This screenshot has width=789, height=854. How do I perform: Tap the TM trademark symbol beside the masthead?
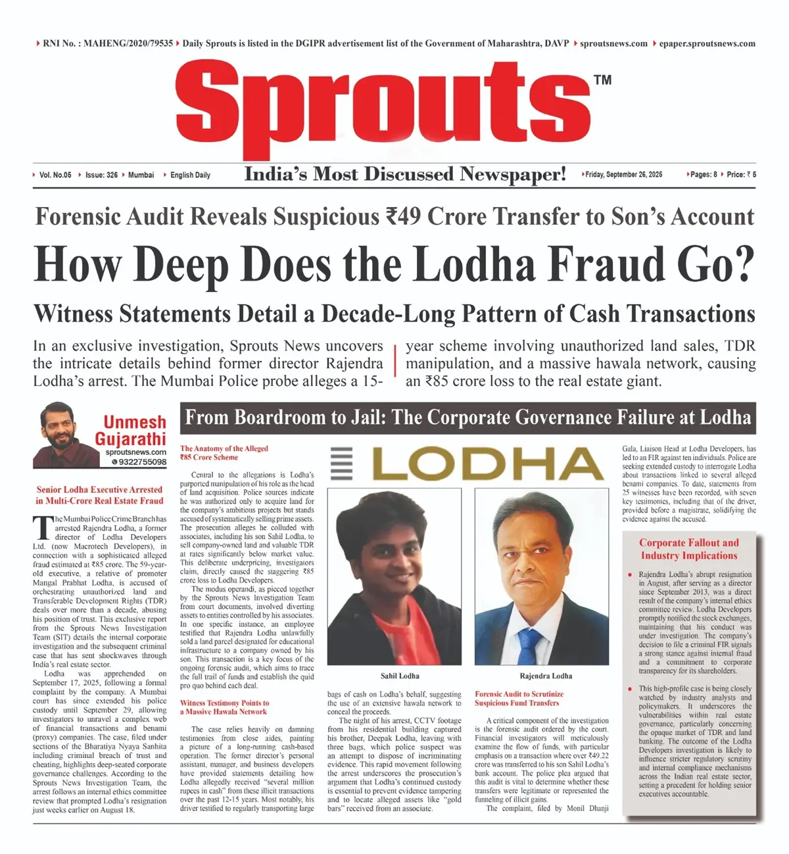(x=602, y=80)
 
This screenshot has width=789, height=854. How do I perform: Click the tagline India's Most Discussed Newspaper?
(x=405, y=174)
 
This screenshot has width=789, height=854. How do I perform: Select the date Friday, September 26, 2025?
(x=623, y=175)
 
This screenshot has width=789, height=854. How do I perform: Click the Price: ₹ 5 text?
(x=741, y=175)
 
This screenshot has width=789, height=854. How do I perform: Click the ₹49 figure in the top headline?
(x=402, y=216)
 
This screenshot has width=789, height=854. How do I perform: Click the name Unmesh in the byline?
(x=135, y=422)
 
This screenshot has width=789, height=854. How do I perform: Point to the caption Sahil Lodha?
(x=400, y=676)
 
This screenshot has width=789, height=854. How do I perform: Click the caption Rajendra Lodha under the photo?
(x=546, y=676)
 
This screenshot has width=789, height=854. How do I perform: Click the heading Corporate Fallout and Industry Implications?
(x=689, y=549)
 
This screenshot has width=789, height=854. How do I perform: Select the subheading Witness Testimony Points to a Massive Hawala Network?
(x=224, y=707)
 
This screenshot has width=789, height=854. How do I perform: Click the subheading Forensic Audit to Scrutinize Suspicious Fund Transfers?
(x=519, y=698)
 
